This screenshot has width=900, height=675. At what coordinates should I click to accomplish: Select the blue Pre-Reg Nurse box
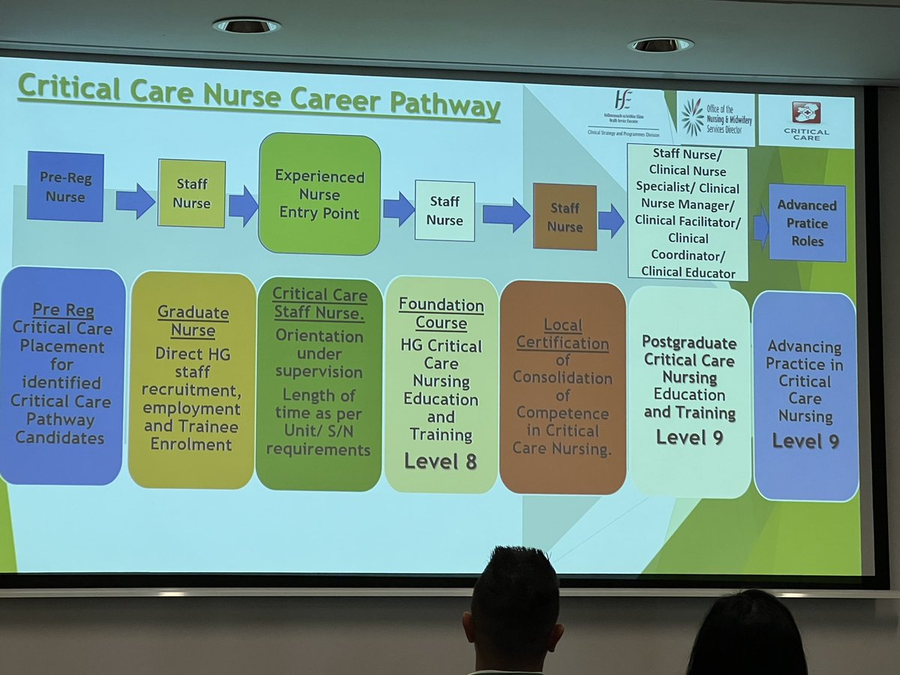click(x=65, y=186)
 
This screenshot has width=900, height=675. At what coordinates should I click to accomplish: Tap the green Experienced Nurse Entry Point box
click(x=319, y=194)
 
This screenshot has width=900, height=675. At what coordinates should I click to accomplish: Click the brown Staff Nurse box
click(x=564, y=217)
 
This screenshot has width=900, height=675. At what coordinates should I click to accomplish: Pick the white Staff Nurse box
click(x=445, y=211)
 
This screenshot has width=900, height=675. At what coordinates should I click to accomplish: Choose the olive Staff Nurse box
click(x=191, y=193)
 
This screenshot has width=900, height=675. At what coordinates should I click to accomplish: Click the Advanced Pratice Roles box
click(x=806, y=223)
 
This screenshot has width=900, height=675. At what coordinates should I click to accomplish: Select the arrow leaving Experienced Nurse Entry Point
click(x=398, y=208)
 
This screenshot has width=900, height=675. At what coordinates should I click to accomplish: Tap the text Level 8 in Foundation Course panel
click(x=440, y=460)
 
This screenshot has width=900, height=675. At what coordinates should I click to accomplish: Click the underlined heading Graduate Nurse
click(x=192, y=321)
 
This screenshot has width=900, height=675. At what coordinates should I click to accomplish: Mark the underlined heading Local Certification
click(x=563, y=335)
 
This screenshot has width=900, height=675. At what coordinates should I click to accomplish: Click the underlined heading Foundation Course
click(x=441, y=314)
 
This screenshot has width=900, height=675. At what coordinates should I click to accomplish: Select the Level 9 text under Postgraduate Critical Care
click(x=689, y=436)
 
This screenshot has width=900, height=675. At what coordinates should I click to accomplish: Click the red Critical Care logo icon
click(x=806, y=112)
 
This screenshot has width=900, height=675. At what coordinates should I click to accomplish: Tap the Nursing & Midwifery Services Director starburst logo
click(x=692, y=116)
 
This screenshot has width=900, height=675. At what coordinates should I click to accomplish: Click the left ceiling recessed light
click(x=246, y=25)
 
